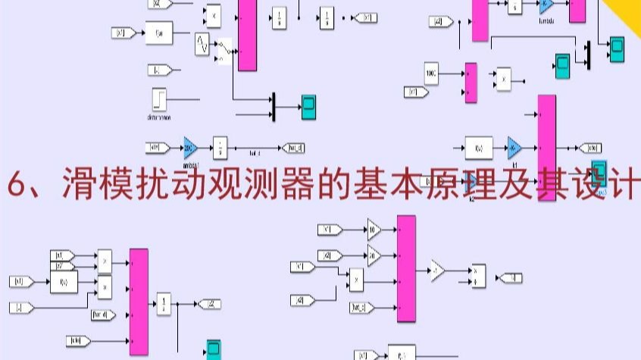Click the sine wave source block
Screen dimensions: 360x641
pos(202,44)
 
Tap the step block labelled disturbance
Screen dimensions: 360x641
pos(160,99)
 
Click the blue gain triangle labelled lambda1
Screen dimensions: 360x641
pos(189,147)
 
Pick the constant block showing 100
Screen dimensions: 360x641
pos(433,74)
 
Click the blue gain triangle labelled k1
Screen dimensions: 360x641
pos(514,146)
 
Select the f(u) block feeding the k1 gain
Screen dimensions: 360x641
pos(478,147)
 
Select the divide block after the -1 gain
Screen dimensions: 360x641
pos(477,275)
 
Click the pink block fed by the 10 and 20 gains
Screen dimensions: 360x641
pos(406,268)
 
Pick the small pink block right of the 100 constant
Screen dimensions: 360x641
pos(471,82)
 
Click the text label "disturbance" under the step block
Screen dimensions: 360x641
pos(160,117)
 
